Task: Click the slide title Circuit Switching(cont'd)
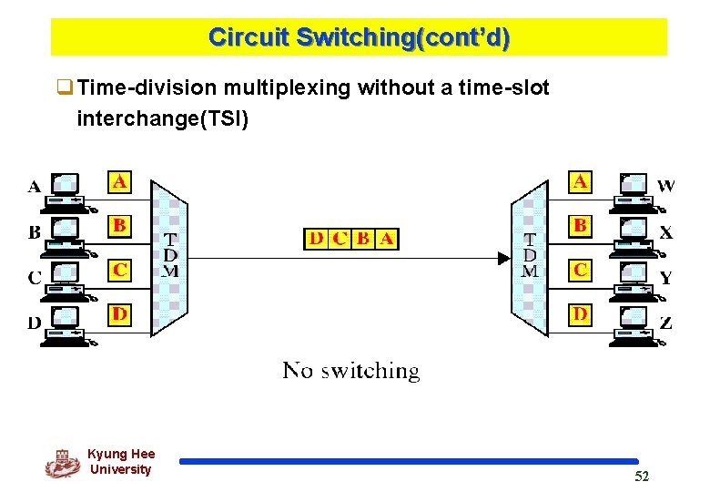pos(359,37)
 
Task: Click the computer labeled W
pos(634,190)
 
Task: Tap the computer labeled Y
pos(634,279)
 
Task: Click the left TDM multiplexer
pos(169,256)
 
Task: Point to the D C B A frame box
pos(351,239)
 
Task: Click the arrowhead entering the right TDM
pos(503,258)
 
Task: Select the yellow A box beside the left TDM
pos(119,181)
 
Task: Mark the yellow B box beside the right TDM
pos(579,225)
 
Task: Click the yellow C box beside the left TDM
pos(119,270)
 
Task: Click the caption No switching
pos(351,371)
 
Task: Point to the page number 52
pos(642,477)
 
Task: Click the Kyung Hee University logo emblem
pos(62,463)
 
